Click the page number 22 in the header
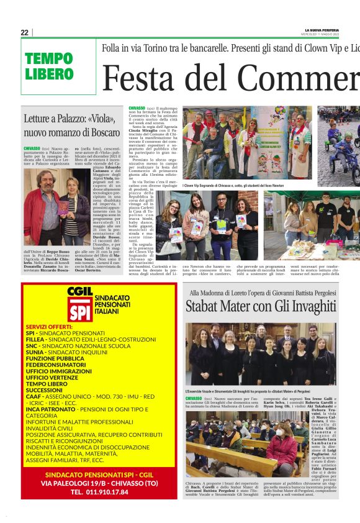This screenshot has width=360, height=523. point(25,32)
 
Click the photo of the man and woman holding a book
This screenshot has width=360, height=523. point(48,213)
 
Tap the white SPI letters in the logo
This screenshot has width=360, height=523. point(80,311)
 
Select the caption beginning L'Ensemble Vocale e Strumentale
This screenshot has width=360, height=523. point(256,391)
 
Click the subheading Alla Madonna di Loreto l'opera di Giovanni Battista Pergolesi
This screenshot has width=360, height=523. point(273,292)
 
